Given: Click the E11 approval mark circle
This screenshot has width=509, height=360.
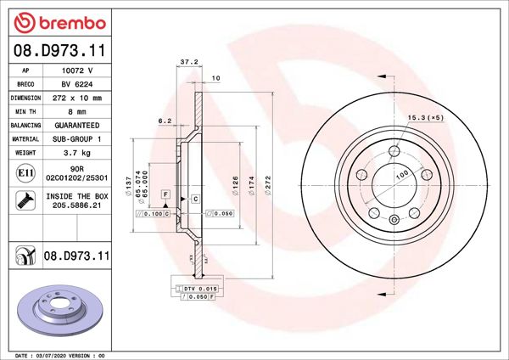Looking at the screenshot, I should point(25,175).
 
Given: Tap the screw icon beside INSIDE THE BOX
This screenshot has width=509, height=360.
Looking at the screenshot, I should point(25,201).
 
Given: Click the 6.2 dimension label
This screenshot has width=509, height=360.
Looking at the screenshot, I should point(165,121).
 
